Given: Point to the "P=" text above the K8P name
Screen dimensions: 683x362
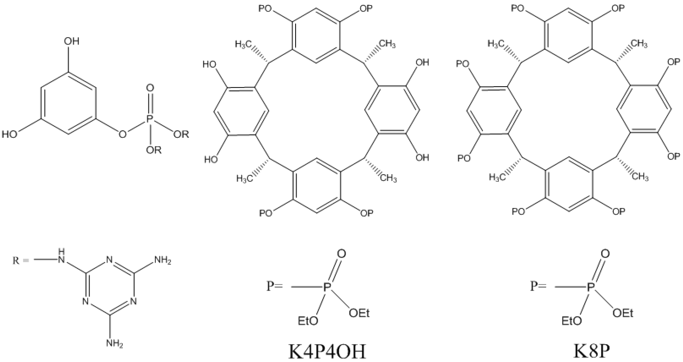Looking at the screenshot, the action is click(538, 286).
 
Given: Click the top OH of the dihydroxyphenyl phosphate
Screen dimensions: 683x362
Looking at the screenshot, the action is click(72, 41).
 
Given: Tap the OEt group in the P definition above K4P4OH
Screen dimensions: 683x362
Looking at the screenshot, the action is click(359, 313).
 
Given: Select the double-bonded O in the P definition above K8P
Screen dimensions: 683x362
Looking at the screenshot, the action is click(605, 254).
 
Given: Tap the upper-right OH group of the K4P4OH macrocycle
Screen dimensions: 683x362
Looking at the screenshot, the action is click(422, 63).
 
